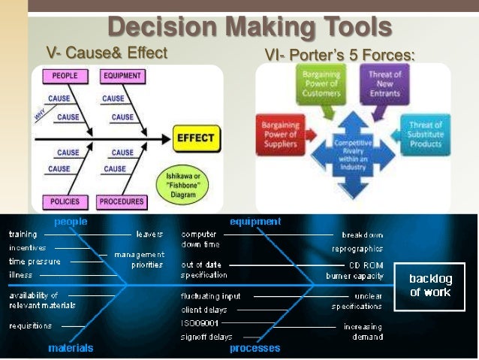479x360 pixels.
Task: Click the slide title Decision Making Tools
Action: [249, 27]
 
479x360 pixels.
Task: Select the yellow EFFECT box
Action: [195, 138]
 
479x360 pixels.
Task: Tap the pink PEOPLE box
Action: [64, 76]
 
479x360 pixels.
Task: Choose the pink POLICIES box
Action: [64, 201]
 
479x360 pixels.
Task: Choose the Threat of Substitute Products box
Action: [426, 134]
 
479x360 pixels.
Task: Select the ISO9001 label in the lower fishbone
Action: [199, 322]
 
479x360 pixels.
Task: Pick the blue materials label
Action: [71, 348]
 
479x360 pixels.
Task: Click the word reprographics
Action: [357, 249]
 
